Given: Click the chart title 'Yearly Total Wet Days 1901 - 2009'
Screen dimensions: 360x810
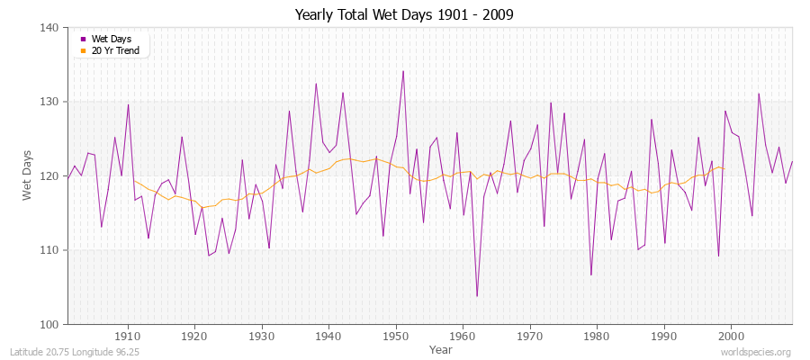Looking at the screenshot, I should click(x=404, y=15).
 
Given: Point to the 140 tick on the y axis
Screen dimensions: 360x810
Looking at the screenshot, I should click(x=50, y=28).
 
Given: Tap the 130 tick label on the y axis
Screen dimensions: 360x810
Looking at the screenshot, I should click(x=50, y=102).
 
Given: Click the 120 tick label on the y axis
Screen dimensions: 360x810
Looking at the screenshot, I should click(x=50, y=175).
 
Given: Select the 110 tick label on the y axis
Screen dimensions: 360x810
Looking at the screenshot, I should click(x=50, y=250).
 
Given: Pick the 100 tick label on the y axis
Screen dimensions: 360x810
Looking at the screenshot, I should click(x=50, y=324).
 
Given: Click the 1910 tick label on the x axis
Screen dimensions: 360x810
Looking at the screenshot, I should click(x=128, y=335).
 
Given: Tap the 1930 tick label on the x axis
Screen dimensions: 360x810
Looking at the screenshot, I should click(x=262, y=335).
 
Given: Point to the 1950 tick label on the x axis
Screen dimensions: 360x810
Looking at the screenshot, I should click(x=396, y=335).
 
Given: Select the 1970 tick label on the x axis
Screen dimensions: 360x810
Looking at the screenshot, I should click(x=530, y=335).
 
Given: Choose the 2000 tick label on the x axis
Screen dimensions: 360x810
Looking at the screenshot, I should click(x=731, y=335).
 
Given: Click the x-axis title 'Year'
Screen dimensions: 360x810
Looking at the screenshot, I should click(x=441, y=348).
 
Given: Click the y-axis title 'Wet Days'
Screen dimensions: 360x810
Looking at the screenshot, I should click(x=27, y=175).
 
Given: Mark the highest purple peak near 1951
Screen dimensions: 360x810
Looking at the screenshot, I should click(x=403, y=71).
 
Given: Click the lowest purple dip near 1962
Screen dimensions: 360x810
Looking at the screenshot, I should click(x=477, y=296).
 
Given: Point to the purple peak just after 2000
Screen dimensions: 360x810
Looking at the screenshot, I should click(x=759, y=94).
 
